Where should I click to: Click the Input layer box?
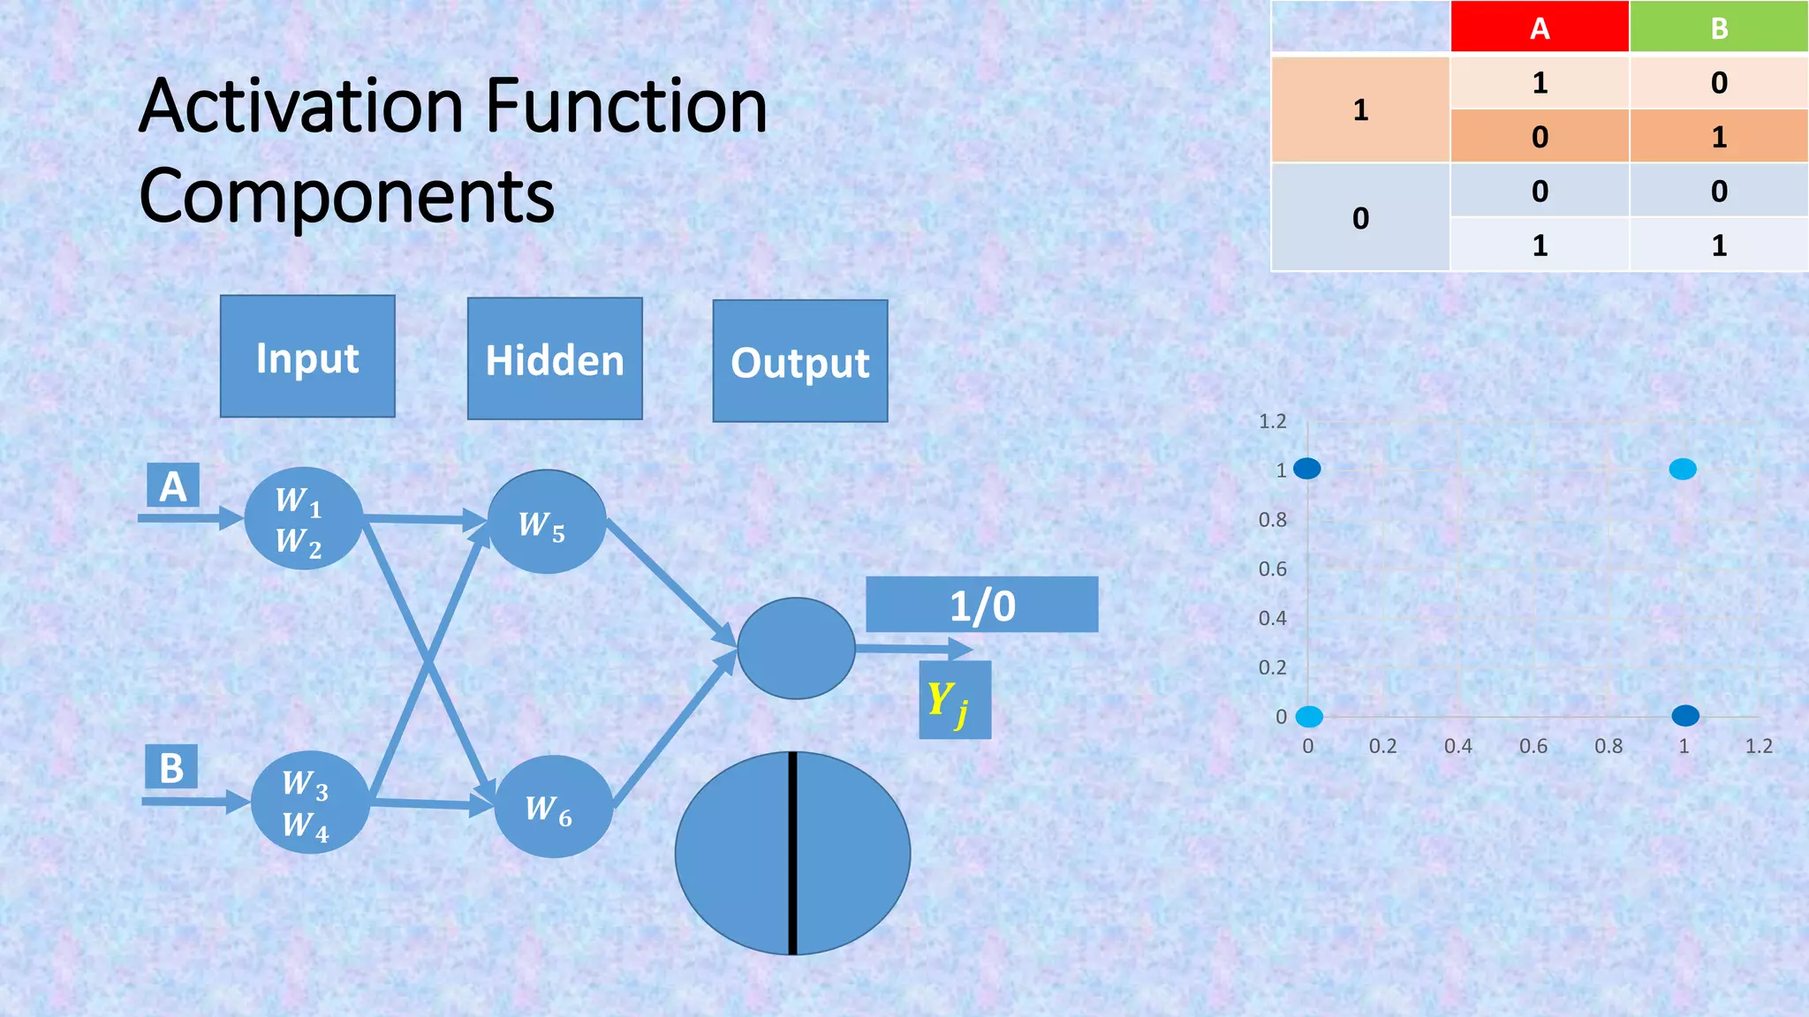(307, 357)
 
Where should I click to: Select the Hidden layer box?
(555, 359)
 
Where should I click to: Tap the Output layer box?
(800, 361)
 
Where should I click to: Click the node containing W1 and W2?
(303, 519)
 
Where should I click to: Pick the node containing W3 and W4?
(310, 802)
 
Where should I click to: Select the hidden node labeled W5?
(547, 522)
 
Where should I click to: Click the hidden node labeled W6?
(553, 807)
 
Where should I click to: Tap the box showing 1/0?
(981, 605)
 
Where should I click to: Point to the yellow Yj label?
(953, 701)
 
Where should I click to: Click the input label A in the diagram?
(173, 486)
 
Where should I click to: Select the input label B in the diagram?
(171, 767)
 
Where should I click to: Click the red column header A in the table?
(1539, 28)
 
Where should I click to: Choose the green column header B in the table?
(1718, 28)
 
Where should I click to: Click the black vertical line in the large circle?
(793, 853)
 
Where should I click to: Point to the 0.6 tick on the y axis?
(1272, 569)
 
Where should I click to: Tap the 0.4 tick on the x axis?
(1457, 746)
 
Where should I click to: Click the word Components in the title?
(347, 196)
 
